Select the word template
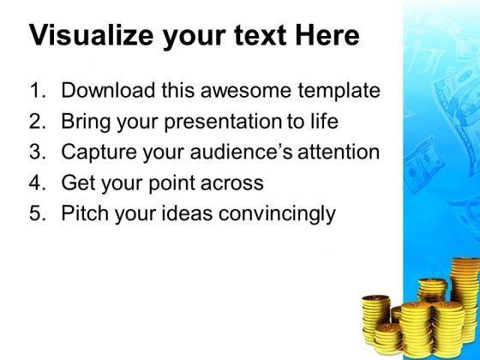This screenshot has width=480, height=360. click(337, 90)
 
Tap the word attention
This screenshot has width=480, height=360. click(342, 153)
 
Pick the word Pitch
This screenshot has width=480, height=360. click(82, 214)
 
